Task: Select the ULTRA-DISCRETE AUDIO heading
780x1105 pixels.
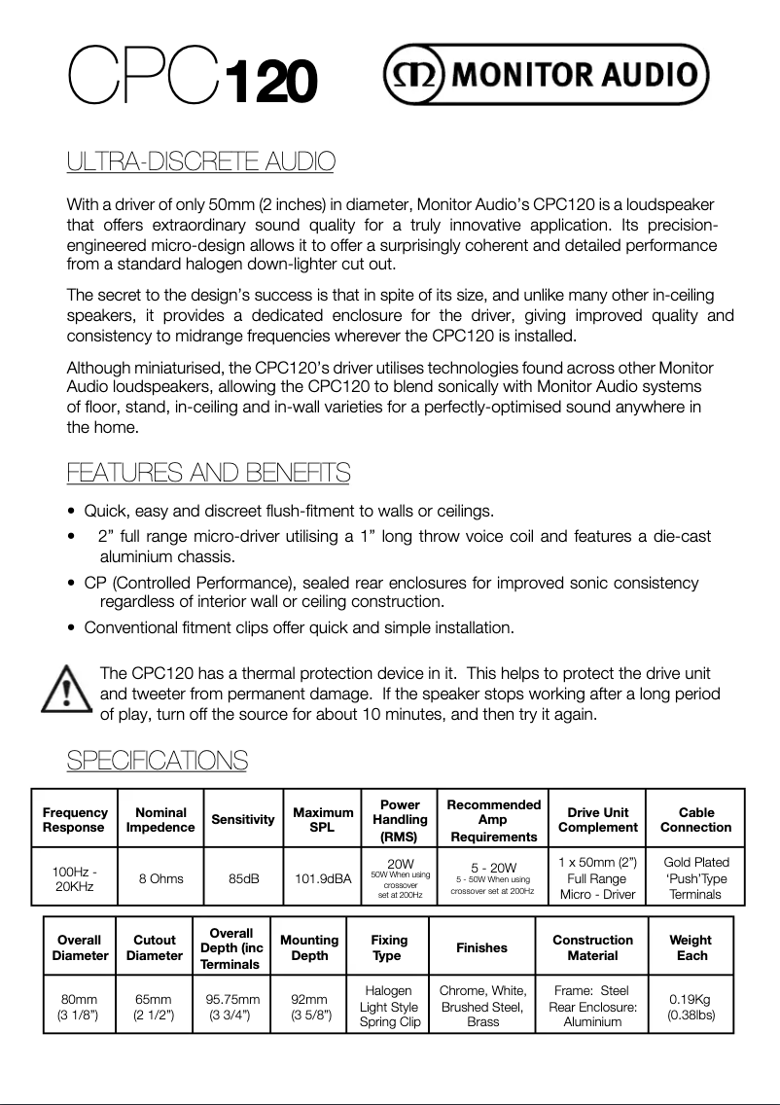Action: coord(200,161)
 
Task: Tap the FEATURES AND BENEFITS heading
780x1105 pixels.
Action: coord(208,474)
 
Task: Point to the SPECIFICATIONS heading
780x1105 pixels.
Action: coord(157,760)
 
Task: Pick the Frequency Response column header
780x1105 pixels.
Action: coord(75,820)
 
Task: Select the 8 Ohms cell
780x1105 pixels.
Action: coord(160,878)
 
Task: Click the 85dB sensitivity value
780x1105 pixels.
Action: coord(243,878)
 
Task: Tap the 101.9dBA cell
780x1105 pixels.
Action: coord(323,878)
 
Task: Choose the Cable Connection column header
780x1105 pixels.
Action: coord(695,820)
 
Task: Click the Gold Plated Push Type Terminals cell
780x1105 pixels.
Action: coord(695,878)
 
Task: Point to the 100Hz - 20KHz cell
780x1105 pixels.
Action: coord(75,878)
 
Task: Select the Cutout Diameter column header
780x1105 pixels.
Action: coord(155,947)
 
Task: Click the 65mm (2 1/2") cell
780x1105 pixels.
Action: coord(155,1007)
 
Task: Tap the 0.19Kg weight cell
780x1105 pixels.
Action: coord(691,1007)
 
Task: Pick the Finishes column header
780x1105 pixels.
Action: coord(482,947)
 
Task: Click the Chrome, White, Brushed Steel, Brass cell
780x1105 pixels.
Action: coord(482,1007)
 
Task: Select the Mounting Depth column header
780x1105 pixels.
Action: coord(309,947)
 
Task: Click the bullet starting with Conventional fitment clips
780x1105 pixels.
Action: coord(299,627)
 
